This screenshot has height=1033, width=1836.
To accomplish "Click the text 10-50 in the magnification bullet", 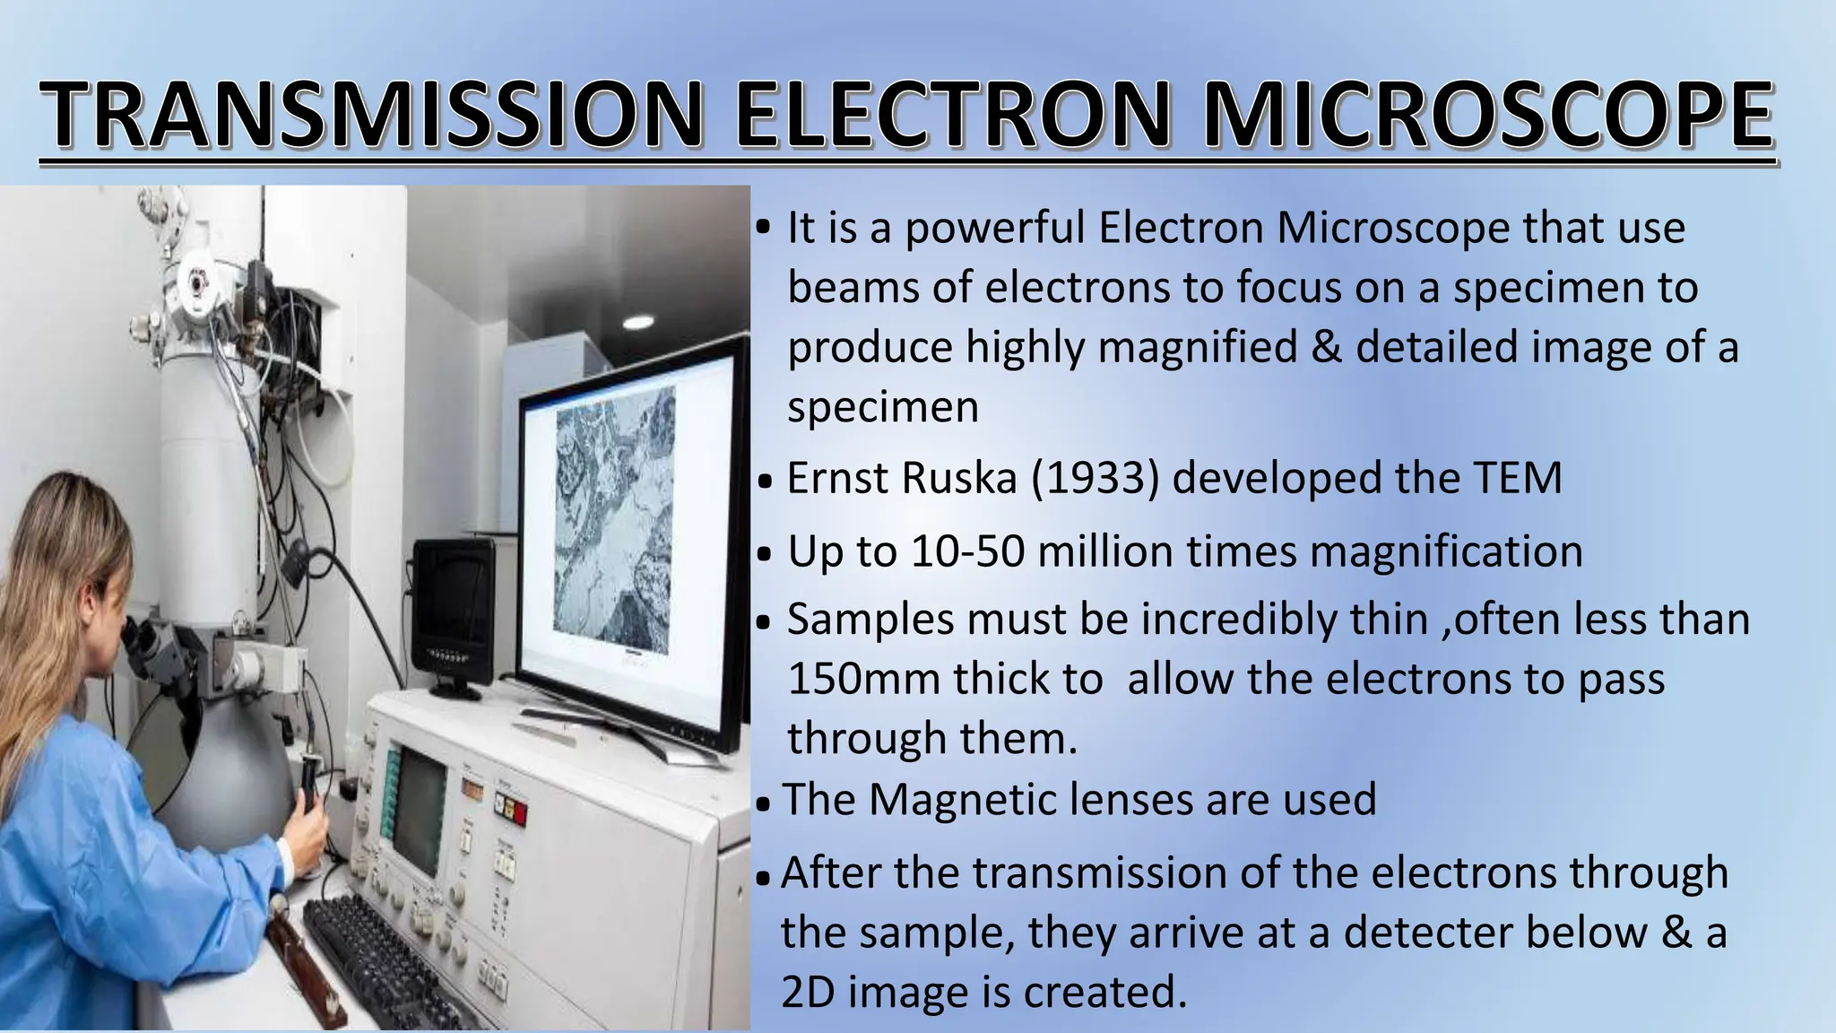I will coord(967,551).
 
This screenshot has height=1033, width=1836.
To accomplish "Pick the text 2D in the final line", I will coord(808,992).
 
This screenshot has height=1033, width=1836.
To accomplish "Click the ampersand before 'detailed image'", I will coord(1326,347).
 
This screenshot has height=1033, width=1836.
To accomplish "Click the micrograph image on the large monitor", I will coord(615,520).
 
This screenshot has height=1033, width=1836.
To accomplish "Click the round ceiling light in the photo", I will coord(638,322).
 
